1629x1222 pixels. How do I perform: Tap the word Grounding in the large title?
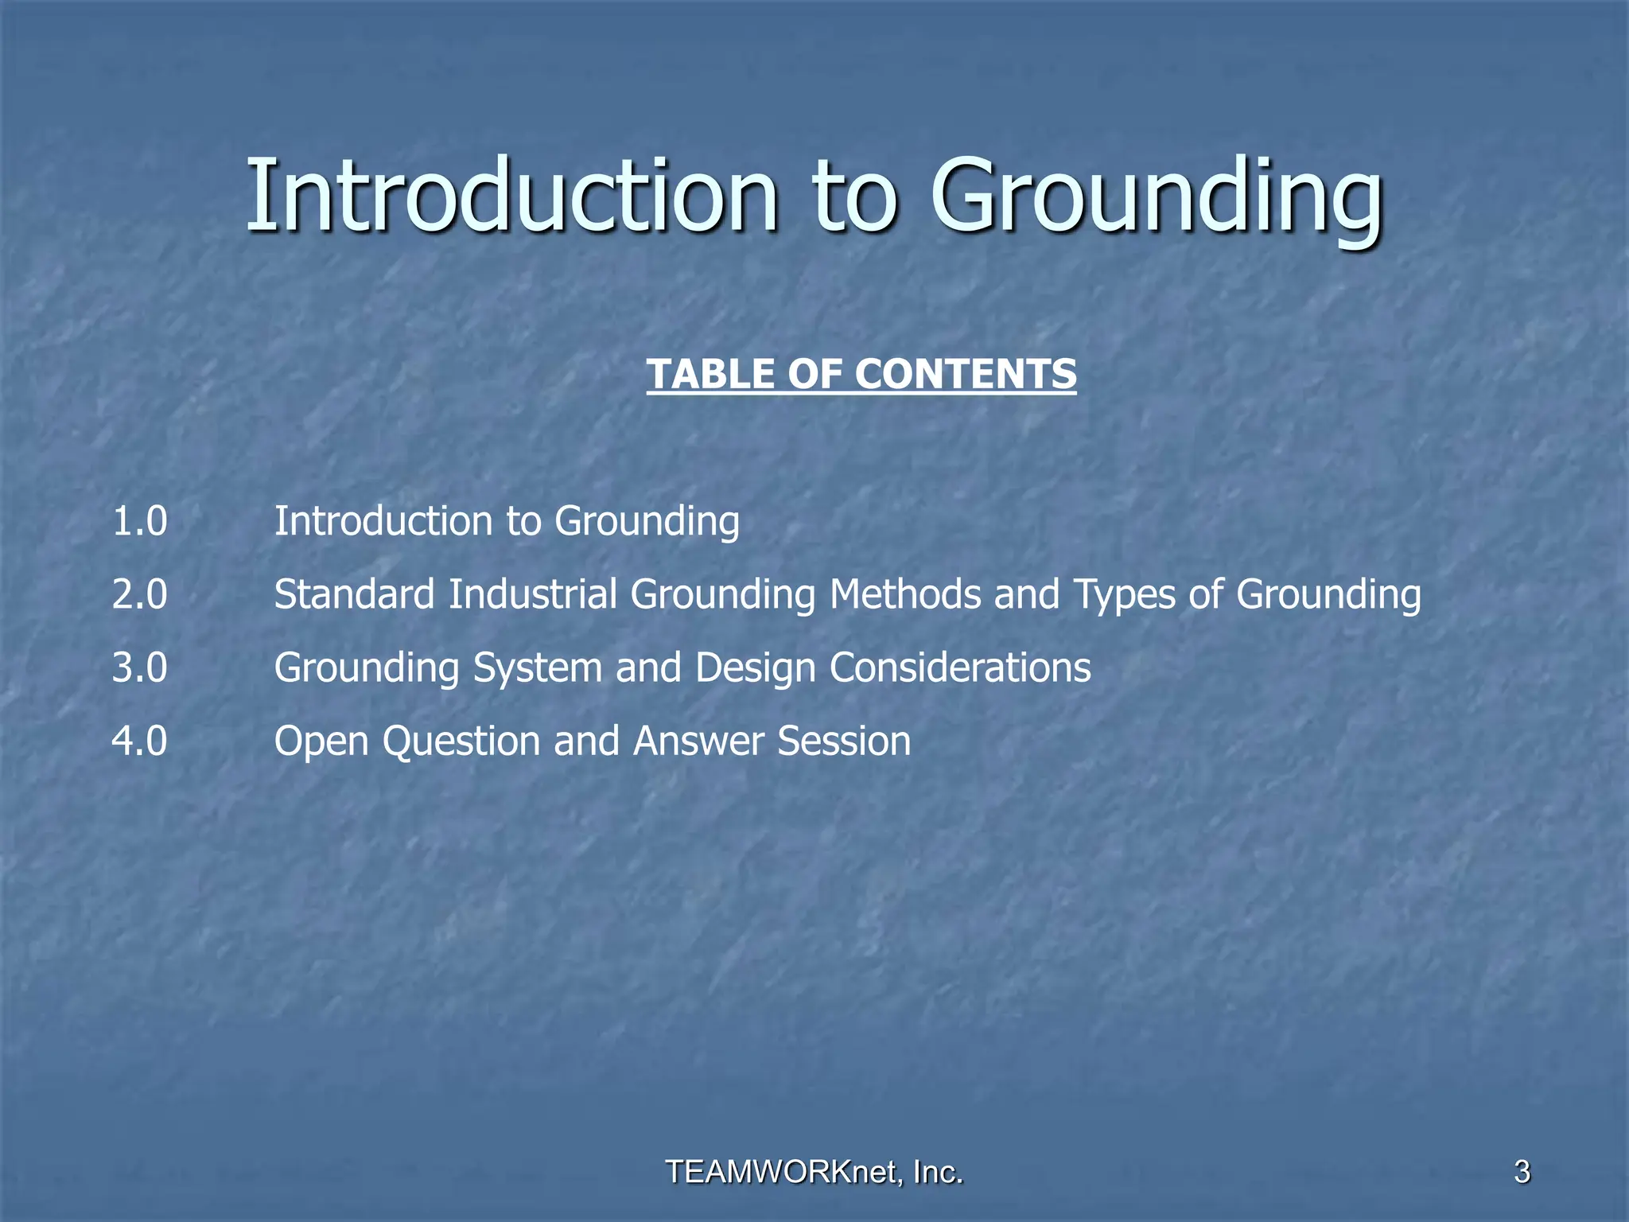tap(1157, 199)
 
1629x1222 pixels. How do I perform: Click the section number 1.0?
tap(140, 522)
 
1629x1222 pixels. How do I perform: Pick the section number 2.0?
tap(140, 595)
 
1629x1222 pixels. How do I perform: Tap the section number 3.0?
tap(140, 668)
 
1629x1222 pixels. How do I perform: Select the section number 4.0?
tap(140, 741)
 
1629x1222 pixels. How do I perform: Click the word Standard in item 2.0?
tap(354, 595)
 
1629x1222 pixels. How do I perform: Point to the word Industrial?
tap(532, 595)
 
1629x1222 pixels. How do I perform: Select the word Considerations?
tap(960, 668)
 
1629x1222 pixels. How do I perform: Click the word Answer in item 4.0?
tap(698, 741)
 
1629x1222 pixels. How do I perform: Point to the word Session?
tap(844, 741)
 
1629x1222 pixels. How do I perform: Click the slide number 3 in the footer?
tap(1522, 1172)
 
